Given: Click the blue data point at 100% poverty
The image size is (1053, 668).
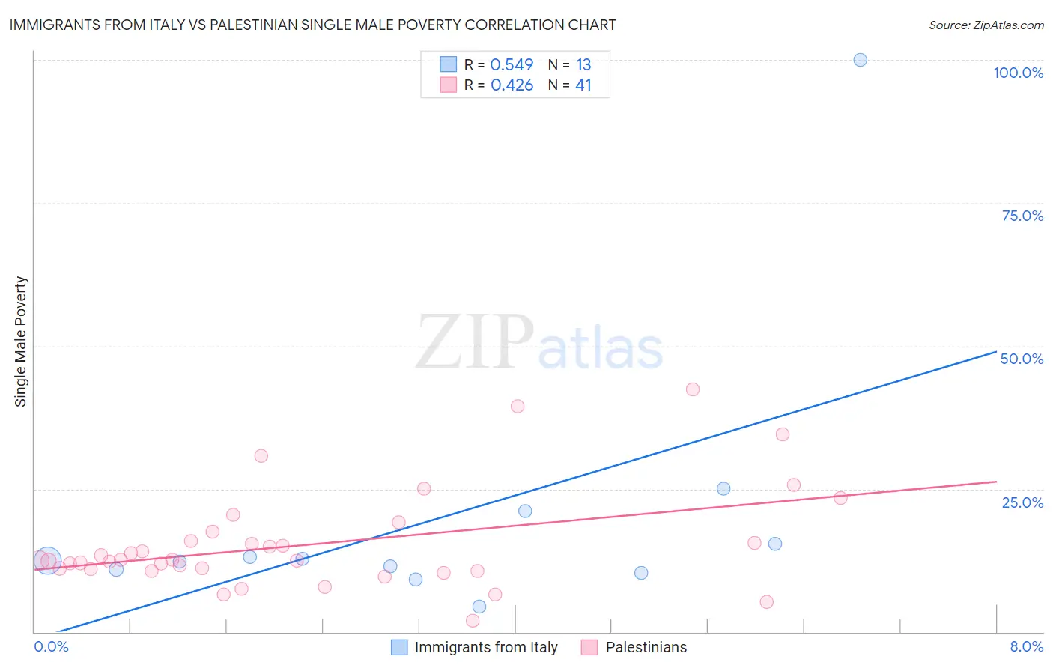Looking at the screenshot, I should tap(860, 60).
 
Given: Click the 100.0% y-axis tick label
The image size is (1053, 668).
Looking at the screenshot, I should tap(1018, 73).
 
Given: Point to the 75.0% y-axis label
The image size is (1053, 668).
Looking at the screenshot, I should tap(1022, 216).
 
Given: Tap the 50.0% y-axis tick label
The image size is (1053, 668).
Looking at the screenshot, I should tap(1022, 359).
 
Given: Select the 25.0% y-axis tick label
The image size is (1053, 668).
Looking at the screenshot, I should tap(1022, 502).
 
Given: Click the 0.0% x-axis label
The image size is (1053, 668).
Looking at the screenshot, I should tap(51, 646).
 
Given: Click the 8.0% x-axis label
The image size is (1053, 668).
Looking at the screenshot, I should tap(1026, 646).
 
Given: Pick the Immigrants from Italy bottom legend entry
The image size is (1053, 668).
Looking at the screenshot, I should tap(485, 647).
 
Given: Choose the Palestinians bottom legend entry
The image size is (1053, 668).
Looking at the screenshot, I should tap(646, 647).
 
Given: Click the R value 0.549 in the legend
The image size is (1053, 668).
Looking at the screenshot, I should tap(512, 65).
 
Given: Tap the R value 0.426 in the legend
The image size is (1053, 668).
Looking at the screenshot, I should tap(512, 85).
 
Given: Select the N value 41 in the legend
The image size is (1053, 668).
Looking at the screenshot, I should tap(583, 85).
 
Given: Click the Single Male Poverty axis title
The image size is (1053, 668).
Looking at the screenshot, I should tap(21, 341).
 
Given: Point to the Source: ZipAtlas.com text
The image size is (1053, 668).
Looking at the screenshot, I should tap(986, 25).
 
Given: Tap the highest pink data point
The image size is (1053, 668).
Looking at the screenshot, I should tap(693, 389).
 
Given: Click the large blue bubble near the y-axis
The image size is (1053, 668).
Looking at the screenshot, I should tap(47, 560).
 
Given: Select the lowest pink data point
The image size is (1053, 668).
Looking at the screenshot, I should tap(473, 621).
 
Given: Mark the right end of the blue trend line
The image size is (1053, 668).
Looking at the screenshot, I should tap(996, 351).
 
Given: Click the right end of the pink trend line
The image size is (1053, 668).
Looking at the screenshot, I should tap(996, 482).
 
